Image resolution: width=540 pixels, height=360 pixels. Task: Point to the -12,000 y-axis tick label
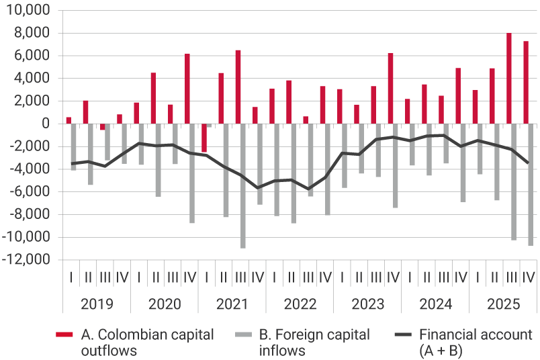coord(29,260)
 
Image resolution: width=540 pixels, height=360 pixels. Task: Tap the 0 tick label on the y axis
coord(46,124)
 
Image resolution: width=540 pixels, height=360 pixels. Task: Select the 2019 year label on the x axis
coord(97,304)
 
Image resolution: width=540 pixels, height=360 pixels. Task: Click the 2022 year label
coord(300,304)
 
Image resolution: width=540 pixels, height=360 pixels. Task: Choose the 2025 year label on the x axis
coord(503,304)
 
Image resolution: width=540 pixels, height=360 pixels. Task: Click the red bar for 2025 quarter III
coord(509,78)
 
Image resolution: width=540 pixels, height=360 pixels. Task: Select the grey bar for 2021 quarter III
coord(243,186)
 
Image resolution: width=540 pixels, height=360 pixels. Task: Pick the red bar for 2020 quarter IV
coord(187,89)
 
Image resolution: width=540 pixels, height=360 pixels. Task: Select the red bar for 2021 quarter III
coord(238,87)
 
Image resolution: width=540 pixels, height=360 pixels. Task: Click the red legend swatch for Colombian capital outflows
coord(64,334)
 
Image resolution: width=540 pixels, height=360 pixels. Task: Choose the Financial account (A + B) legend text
coord(475,343)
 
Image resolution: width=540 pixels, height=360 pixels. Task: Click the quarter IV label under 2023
coord(393,277)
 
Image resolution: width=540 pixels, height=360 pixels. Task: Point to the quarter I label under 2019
coord(71,277)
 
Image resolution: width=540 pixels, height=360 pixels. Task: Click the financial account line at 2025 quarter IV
coord(529,163)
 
